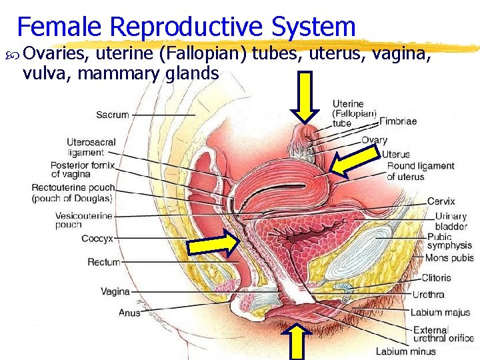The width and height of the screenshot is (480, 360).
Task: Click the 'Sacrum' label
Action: coord(113,115)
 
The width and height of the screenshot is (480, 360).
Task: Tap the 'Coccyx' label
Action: coord(97,238)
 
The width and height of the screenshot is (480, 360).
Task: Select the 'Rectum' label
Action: coord(103,262)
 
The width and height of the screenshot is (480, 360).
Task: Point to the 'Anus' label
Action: coord(129,312)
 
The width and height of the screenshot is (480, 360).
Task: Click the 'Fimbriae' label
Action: coord(398,122)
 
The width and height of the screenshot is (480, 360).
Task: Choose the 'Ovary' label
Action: coord(374,140)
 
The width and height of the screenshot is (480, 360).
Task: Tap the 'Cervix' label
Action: coord(441,201)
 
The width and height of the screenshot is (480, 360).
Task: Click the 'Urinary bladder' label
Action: coord(451,221)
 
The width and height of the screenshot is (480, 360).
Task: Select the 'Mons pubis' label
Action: coord(449,258)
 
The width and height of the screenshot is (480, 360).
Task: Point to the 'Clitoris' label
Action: coord(436,278)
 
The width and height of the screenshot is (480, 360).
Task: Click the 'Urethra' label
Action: coord(428,294)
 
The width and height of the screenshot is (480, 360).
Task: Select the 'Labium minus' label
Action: coord(405,351)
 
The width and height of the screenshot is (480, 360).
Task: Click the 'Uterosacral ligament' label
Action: coord(91,148)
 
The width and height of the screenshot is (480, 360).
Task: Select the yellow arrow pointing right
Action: coord(212,245)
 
